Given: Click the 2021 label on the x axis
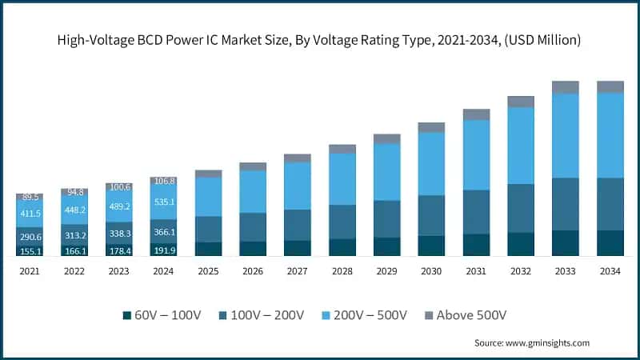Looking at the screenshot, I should click(30, 271).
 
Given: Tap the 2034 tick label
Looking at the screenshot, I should click(610, 271).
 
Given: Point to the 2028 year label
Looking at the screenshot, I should click(342, 271).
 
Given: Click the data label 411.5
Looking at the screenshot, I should click(30, 214).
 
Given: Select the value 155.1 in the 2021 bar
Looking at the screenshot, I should click(30, 250).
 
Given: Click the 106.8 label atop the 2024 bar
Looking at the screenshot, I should click(163, 182).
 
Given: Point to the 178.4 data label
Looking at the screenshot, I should click(118, 250).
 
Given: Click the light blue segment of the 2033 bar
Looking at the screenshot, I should click(566, 135).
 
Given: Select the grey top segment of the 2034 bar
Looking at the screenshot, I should click(610, 86).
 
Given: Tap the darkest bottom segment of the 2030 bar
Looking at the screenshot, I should click(432, 246).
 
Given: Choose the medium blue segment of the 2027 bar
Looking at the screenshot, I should click(298, 225).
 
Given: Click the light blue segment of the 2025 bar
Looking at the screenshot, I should click(208, 196).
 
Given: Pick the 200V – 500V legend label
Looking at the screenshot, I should click(362, 314).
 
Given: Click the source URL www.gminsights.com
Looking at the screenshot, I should click(548, 342).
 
